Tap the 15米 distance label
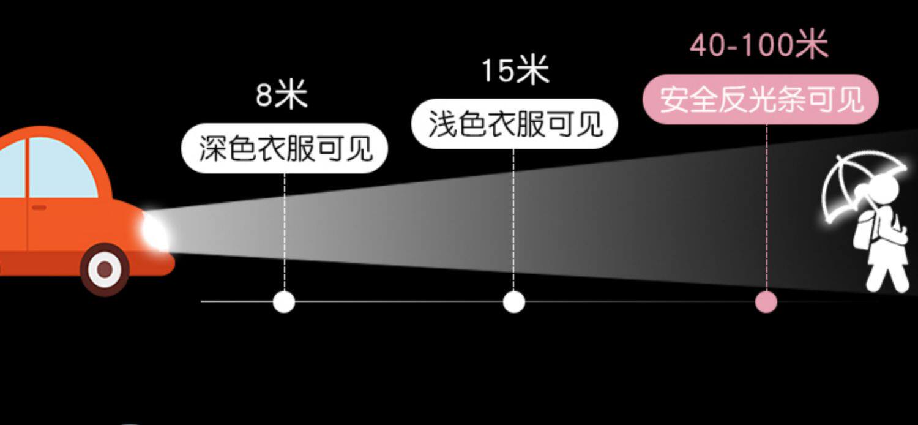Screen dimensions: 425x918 (515, 70)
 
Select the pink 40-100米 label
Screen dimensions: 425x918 (759, 45)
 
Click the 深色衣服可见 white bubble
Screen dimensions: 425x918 (285, 148)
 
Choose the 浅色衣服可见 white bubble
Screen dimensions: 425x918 (515, 124)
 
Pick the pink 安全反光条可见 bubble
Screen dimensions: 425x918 (761, 99)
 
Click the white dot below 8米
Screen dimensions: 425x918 (283, 302)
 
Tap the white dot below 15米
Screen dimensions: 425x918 (514, 302)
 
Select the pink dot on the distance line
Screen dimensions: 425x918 (766, 302)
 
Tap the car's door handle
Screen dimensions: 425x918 (39, 208)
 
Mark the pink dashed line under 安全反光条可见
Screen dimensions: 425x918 (766, 208)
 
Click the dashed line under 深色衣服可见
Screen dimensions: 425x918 (284, 233)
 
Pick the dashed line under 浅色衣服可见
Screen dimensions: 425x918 (513, 220)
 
